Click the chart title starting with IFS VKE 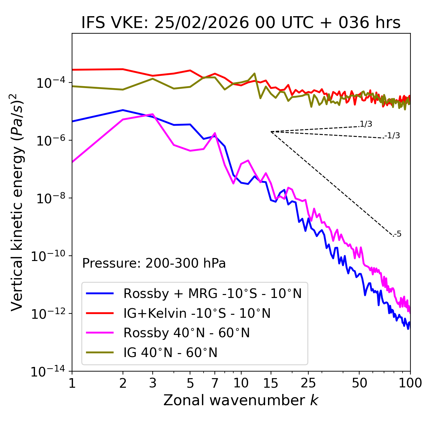tap(241, 23)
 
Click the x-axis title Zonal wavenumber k tap(241, 400)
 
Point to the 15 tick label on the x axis tap(271, 383)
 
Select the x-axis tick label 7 tap(215, 383)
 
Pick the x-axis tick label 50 tap(359, 383)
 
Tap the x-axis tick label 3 tap(153, 383)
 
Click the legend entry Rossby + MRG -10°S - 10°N tap(212, 293)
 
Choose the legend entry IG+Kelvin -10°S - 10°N tap(197, 313)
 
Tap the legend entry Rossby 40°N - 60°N tap(186, 333)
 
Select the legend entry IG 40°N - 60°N tap(171, 353)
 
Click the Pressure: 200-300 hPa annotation tap(154, 263)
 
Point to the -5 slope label tap(398, 234)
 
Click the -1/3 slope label tap(393, 136)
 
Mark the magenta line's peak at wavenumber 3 tap(153, 114)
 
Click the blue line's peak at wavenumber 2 tap(123, 110)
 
